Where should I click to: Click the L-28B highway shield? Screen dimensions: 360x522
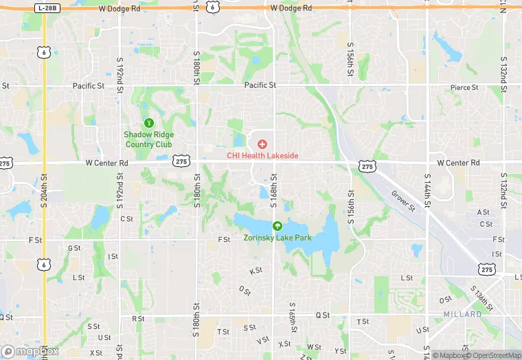46,7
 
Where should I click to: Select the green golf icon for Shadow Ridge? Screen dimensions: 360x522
148,122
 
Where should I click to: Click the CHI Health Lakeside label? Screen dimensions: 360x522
262,156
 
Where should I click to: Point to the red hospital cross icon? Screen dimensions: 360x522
262,144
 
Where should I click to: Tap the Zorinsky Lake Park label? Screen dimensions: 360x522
277,238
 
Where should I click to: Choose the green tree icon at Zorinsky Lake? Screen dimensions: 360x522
277,226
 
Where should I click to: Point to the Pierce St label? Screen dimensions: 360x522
465,87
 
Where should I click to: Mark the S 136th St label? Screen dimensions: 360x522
484,299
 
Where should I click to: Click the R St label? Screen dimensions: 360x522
137,319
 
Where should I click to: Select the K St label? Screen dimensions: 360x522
256,271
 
